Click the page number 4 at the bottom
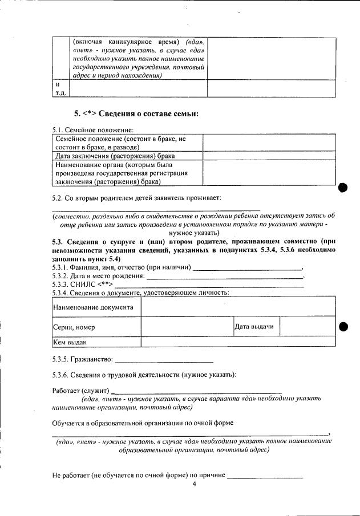(x=194, y=485)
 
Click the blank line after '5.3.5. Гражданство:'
(x=164, y=361)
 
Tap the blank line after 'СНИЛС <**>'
(x=209, y=285)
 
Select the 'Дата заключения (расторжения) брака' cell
(x=127, y=155)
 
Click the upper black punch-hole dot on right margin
(x=343, y=188)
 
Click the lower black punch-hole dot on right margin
(x=343, y=327)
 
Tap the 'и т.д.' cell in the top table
(x=60, y=88)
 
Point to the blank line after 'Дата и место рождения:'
(x=225, y=276)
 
